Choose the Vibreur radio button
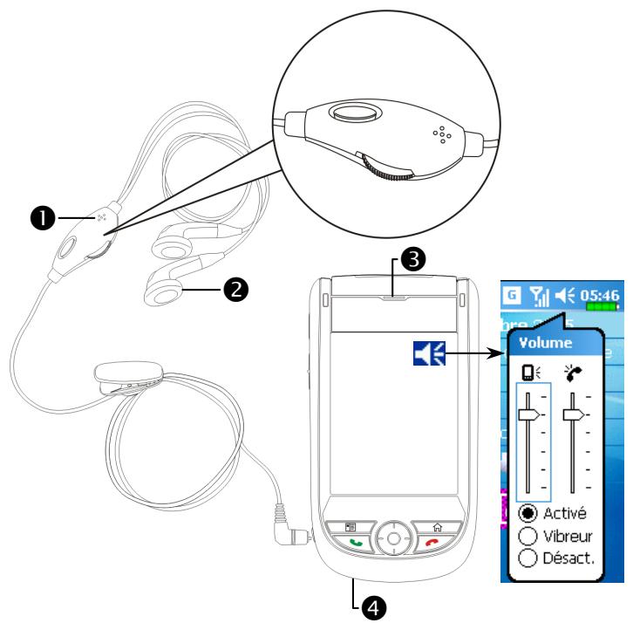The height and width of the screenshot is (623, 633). pyautogui.click(x=526, y=534)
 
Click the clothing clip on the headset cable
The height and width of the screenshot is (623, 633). pyautogui.click(x=123, y=378)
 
